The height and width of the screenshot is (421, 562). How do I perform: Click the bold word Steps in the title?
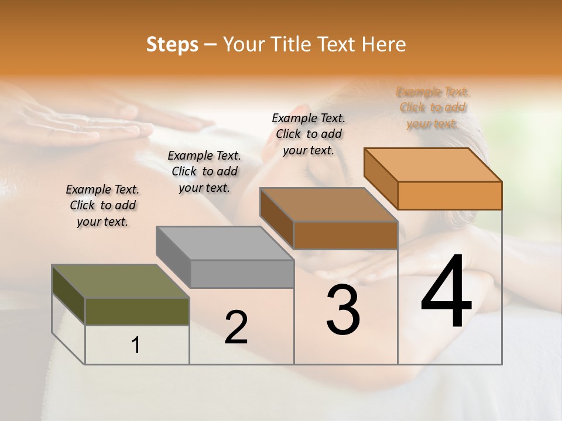(172, 44)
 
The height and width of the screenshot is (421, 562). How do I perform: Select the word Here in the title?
(385, 44)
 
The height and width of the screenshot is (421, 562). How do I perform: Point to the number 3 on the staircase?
(343, 310)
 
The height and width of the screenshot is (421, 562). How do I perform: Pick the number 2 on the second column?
(236, 327)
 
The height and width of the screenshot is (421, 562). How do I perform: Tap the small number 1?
(136, 346)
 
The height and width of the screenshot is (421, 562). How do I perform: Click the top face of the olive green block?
(120, 281)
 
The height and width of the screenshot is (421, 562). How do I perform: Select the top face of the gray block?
(224, 243)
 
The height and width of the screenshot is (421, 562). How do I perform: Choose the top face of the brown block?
(328, 205)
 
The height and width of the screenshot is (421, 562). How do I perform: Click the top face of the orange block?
(433, 165)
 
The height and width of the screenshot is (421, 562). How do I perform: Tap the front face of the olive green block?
(137, 311)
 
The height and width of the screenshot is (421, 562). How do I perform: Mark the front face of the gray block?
(242, 274)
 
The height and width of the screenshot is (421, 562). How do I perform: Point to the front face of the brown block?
(345, 235)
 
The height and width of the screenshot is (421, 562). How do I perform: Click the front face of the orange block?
(450, 195)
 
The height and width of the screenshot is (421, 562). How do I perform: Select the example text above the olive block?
(102, 205)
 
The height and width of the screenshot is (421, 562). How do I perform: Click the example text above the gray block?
(204, 171)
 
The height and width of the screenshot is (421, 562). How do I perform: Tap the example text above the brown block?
(309, 134)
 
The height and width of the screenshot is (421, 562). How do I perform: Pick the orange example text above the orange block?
(433, 108)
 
